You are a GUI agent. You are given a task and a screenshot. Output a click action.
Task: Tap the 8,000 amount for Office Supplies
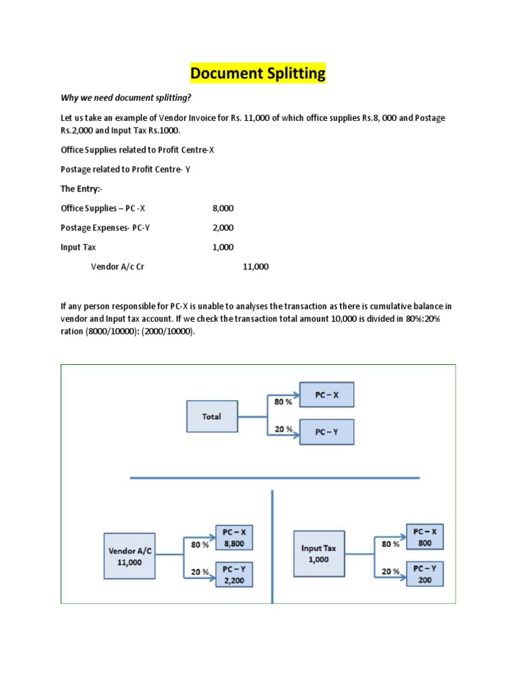point(223,208)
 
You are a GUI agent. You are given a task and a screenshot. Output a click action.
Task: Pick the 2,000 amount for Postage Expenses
point(223,228)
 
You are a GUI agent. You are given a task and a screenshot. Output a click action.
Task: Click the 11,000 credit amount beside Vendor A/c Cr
point(255,267)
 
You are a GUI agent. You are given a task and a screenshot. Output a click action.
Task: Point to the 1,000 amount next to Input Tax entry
point(223,247)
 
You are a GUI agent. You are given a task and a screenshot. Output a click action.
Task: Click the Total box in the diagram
point(212,417)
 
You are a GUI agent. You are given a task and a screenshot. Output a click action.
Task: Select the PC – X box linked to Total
point(325,395)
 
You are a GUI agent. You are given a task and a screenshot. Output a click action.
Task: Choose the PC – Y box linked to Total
point(325,433)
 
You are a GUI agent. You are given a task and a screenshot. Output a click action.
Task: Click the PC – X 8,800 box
point(234,537)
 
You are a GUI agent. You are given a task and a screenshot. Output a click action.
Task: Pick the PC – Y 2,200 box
point(234,574)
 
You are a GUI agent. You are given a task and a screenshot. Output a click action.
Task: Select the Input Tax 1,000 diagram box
point(318,554)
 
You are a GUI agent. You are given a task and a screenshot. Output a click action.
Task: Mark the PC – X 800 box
point(425,537)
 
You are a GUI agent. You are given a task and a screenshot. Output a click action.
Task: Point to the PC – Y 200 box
point(425,574)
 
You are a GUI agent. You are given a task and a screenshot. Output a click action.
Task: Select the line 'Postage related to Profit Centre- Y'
point(126,169)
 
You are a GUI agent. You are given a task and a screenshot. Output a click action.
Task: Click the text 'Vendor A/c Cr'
point(118,267)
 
